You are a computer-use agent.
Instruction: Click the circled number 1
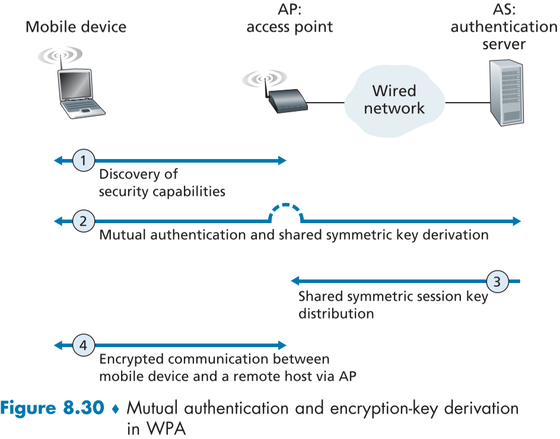pos(84,160)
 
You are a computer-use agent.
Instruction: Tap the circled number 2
pos(84,221)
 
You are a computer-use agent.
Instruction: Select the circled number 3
pos(497,280)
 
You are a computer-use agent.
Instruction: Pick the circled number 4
pos(84,345)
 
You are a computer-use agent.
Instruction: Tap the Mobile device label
pos(76,27)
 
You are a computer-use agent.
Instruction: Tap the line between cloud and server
pos(466,102)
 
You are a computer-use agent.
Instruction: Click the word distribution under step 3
pos(336,313)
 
